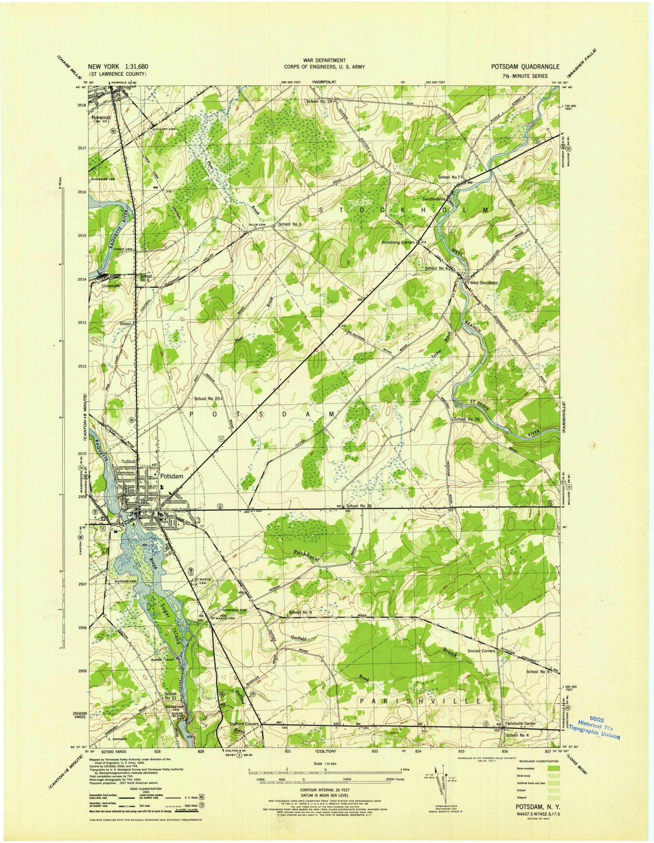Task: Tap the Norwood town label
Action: (101, 117)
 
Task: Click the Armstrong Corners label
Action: (398, 242)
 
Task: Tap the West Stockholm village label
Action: (484, 283)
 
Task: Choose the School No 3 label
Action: (289, 224)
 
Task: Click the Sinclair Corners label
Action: (481, 651)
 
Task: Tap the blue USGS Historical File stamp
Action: (597, 729)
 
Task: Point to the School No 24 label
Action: (319, 101)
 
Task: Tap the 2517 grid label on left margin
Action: (81, 149)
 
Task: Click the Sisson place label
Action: (125, 323)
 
